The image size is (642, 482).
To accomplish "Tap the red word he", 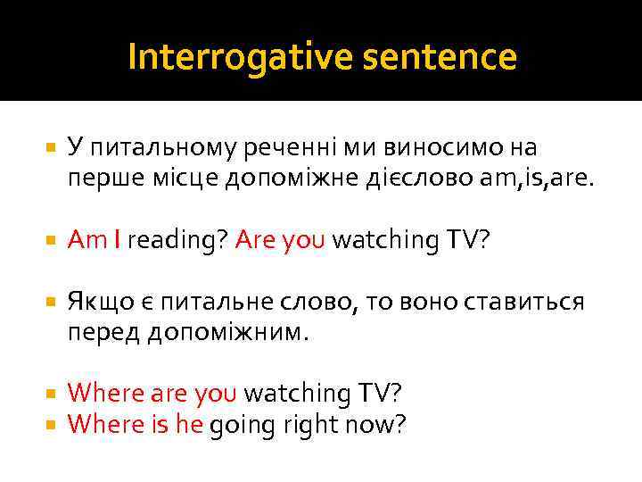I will pyautogui.click(x=190, y=424).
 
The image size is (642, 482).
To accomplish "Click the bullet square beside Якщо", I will pyautogui.click(x=50, y=302).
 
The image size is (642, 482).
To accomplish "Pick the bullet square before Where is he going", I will pyautogui.click(x=50, y=425).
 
